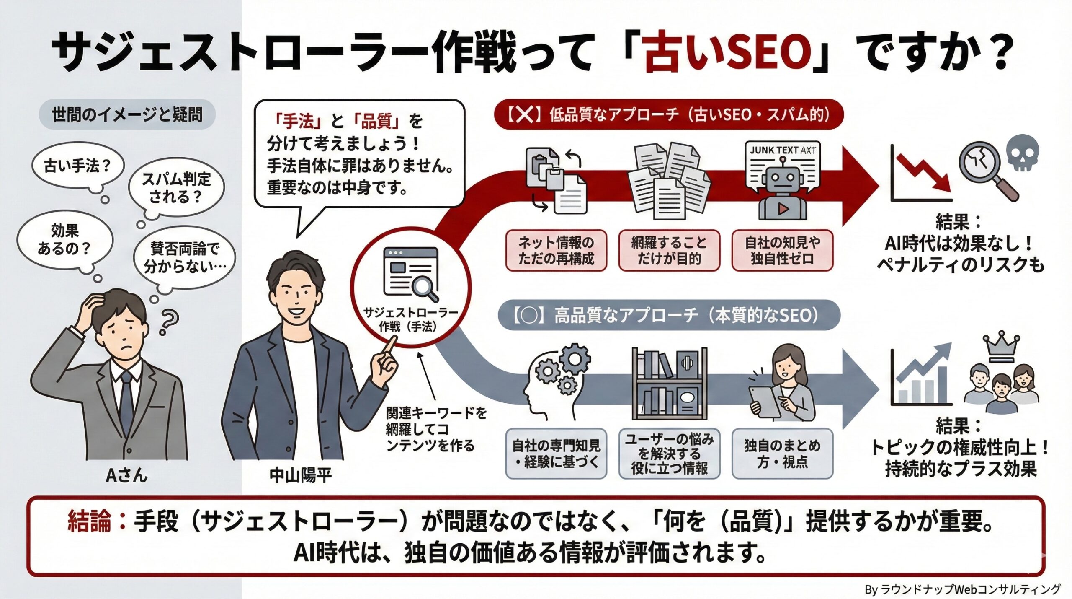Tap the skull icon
[1022, 153]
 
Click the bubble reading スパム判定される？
[176, 188]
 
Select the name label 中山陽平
[300, 475]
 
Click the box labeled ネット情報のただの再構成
[556, 250]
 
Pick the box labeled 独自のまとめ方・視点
[782, 453]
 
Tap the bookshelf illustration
[669, 383]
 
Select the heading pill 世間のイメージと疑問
[127, 114]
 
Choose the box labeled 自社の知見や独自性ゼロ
[782, 250]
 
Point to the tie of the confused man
[127, 398]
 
